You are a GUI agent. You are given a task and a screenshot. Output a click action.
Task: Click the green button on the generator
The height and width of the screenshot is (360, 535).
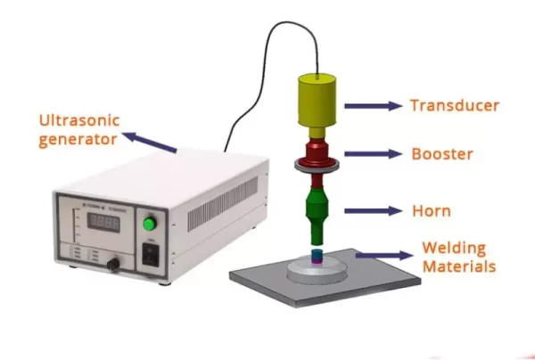[149, 223]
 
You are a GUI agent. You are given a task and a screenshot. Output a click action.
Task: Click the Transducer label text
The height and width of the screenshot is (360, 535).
[455, 106]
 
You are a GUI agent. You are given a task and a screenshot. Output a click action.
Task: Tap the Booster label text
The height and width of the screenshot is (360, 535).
[441, 154]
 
